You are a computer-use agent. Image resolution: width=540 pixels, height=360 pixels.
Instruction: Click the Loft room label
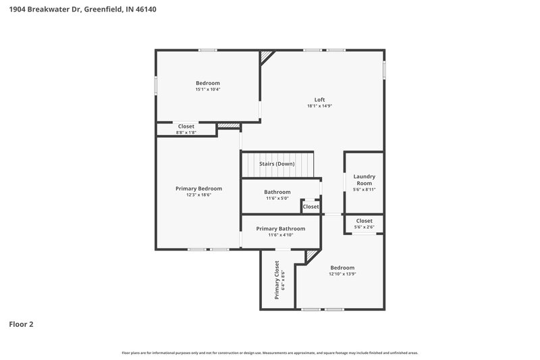pos(320,99)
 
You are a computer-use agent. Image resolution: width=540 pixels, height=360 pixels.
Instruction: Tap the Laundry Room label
pos(364,180)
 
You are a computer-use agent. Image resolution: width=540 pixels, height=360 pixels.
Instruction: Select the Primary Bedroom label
pos(198,188)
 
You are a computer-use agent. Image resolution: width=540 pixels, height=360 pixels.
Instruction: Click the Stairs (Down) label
pos(277,164)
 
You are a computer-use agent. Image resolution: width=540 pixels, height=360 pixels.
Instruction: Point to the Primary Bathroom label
pos(281,228)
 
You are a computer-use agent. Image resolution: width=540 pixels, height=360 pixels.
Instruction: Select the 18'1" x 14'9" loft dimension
pos(320,106)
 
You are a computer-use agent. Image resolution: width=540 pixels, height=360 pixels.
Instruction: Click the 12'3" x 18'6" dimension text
pos(198,195)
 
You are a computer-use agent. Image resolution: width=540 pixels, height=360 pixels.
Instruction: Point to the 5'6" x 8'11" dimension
pos(364,190)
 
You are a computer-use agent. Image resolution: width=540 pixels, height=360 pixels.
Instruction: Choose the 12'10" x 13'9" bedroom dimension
pos(342,274)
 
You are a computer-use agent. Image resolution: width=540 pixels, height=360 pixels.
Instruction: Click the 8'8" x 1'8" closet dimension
pos(186,132)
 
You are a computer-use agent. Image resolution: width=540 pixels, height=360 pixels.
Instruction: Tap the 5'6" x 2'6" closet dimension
pos(364,227)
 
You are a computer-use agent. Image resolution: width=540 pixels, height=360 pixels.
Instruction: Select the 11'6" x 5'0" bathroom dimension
pos(277,199)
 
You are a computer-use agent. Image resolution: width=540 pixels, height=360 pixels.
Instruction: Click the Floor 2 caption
pos(21,324)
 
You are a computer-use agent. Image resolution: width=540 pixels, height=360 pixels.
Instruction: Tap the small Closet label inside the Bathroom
pos(310,207)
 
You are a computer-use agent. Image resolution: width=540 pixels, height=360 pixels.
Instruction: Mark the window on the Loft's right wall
pos(385,70)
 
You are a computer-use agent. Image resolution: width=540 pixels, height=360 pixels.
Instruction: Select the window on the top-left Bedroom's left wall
pos(156,86)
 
